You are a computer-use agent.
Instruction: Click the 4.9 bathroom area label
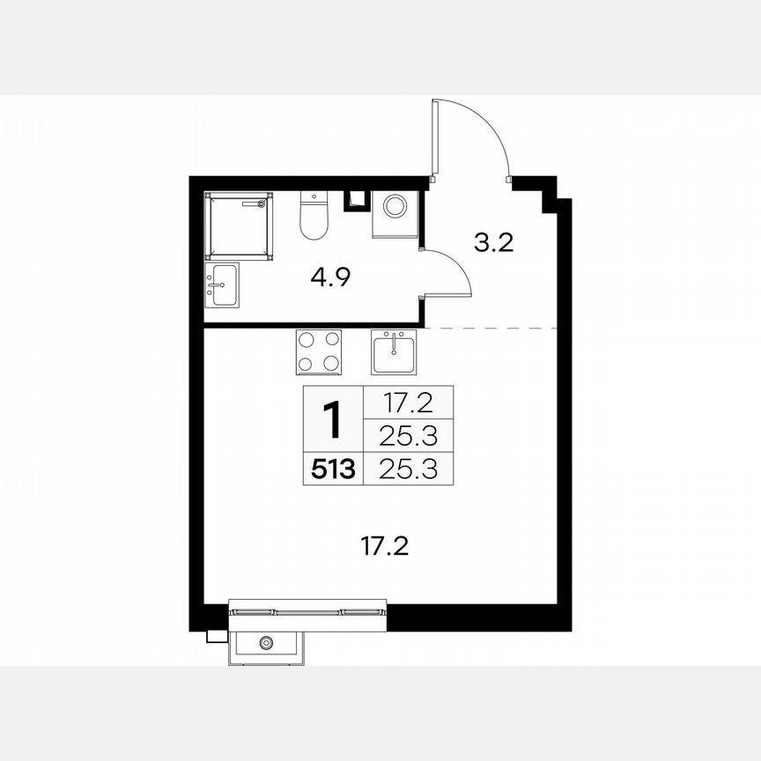click(x=331, y=278)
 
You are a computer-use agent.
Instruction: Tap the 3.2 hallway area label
click(x=493, y=243)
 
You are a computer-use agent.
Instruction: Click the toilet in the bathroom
click(x=313, y=216)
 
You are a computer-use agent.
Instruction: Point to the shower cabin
click(x=238, y=225)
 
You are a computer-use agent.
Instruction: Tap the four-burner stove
click(x=318, y=351)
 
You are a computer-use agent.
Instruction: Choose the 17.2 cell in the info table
click(x=408, y=402)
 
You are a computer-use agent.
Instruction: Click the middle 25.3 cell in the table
click(x=408, y=434)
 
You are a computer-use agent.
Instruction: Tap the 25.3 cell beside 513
click(x=408, y=469)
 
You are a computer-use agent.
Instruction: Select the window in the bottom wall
click(x=307, y=609)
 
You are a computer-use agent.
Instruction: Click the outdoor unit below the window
click(x=267, y=644)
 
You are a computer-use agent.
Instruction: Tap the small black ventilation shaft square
click(x=357, y=199)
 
